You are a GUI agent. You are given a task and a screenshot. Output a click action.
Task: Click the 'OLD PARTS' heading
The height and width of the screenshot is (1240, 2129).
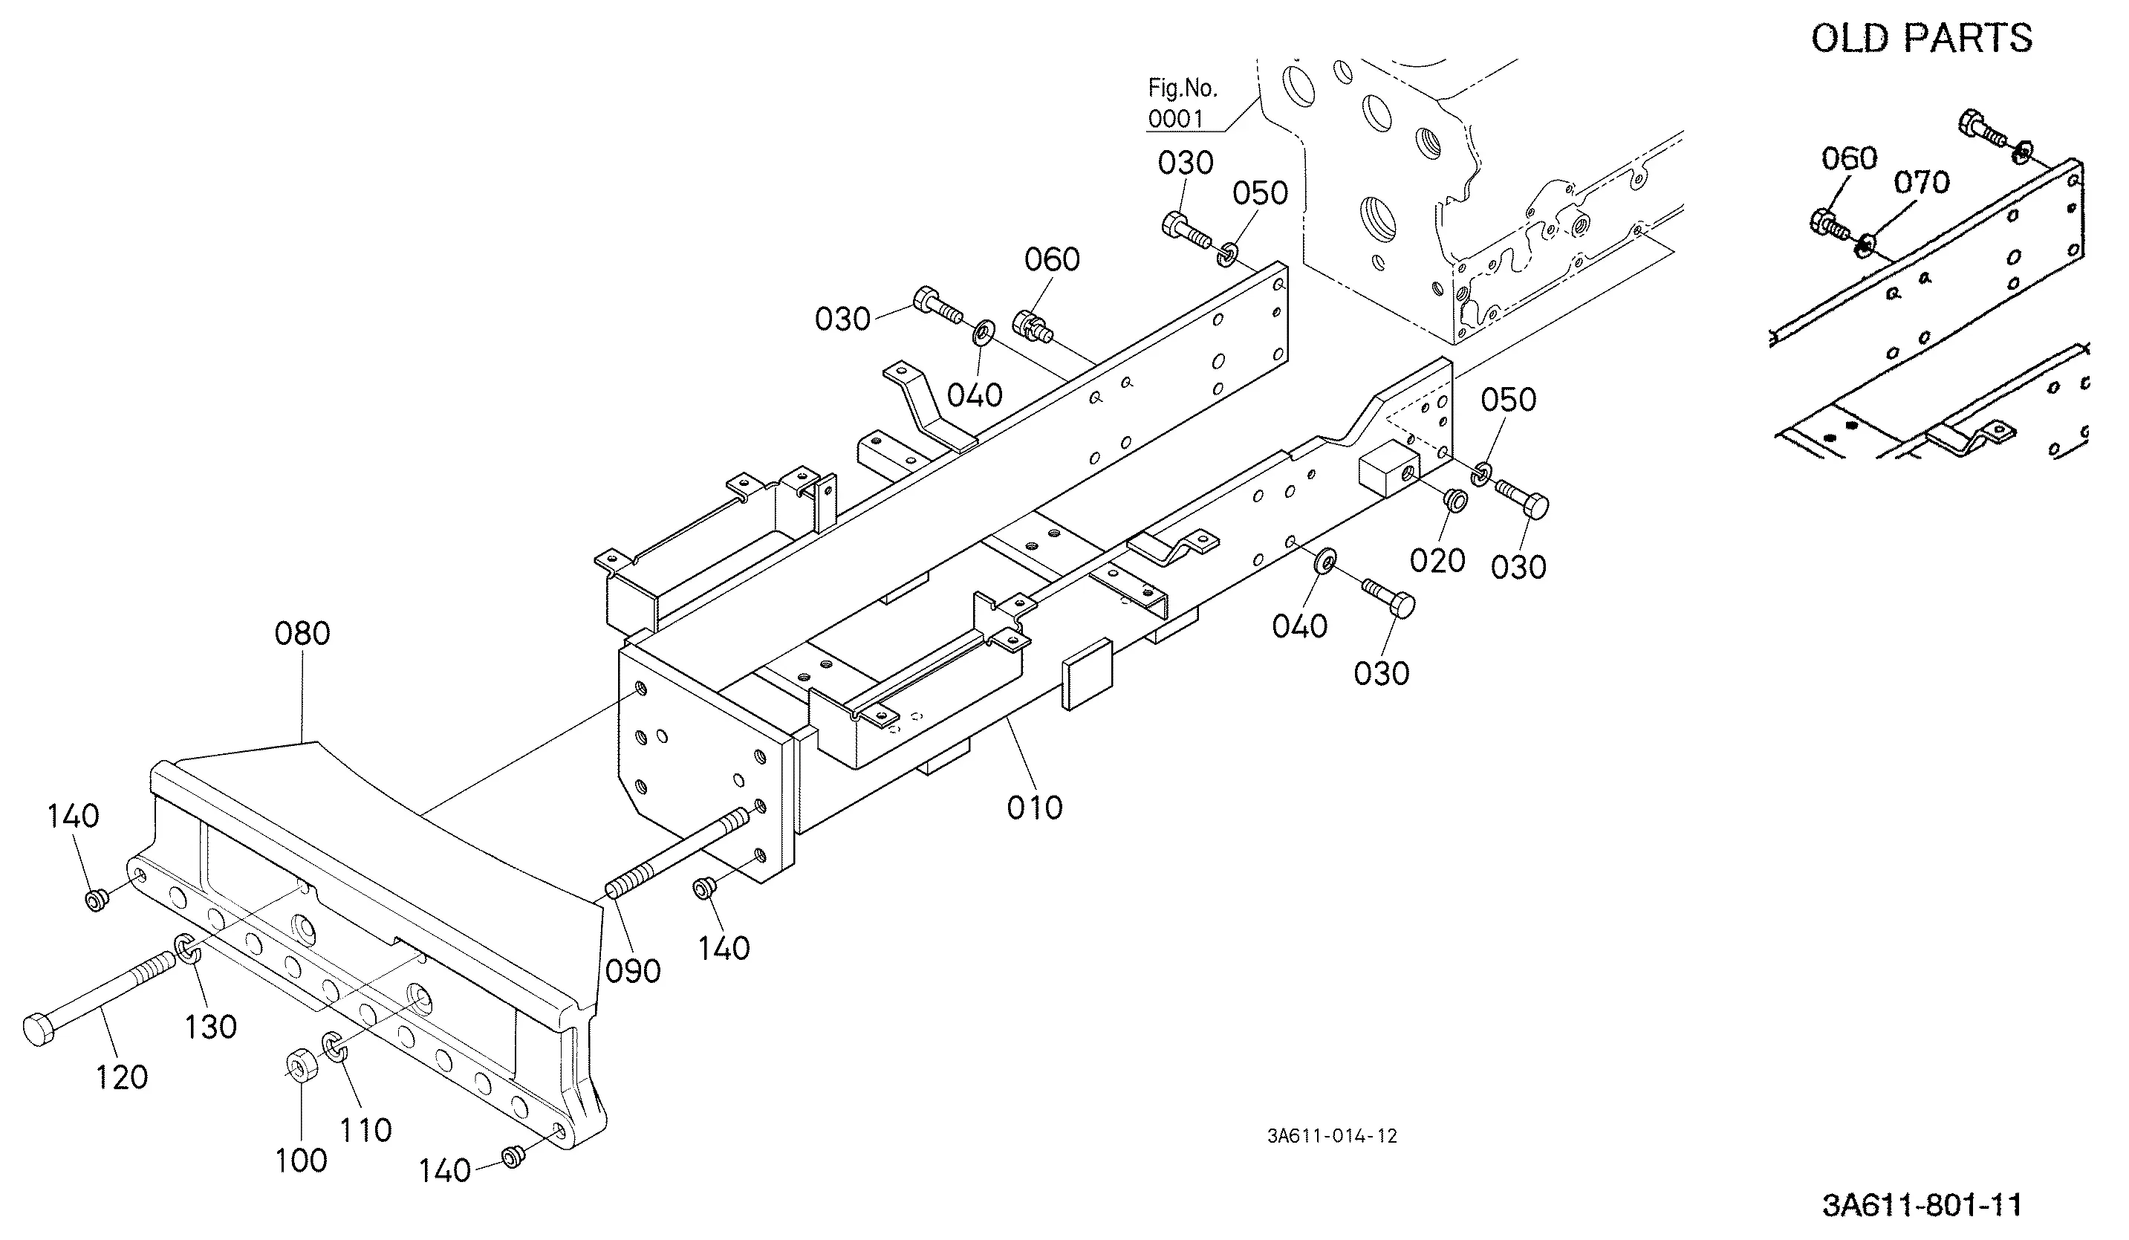click(x=1921, y=38)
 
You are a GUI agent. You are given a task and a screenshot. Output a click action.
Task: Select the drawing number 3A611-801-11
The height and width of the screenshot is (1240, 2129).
click(x=1922, y=1204)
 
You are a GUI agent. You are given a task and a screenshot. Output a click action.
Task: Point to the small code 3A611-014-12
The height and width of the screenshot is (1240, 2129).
click(x=1331, y=1136)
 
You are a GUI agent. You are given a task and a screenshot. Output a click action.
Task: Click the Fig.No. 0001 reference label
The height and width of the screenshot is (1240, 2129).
click(x=1182, y=103)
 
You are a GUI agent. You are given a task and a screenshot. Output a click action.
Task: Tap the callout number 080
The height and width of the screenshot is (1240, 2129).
click(x=302, y=634)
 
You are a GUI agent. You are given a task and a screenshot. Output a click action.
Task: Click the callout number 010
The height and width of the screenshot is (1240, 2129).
click(x=1035, y=808)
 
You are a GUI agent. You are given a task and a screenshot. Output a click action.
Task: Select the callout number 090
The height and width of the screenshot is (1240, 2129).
click(x=634, y=971)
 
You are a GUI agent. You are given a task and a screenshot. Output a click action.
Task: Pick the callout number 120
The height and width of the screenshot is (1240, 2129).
click(x=122, y=1078)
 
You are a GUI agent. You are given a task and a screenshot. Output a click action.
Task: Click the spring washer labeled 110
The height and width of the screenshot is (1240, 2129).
click(x=334, y=1048)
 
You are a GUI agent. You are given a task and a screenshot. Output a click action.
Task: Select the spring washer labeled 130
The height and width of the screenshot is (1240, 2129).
click(x=186, y=950)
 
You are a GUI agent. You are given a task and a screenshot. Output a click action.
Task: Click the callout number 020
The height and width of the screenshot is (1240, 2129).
click(x=1438, y=560)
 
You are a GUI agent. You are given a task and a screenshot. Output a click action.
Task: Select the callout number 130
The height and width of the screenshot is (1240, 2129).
click(x=210, y=1027)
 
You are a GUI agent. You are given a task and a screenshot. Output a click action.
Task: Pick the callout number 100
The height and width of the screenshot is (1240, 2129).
click(x=302, y=1161)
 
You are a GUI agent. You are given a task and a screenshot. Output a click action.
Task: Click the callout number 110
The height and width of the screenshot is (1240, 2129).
click(x=365, y=1130)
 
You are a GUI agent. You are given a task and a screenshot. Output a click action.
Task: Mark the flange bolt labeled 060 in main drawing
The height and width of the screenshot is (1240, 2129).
click(x=1033, y=327)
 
